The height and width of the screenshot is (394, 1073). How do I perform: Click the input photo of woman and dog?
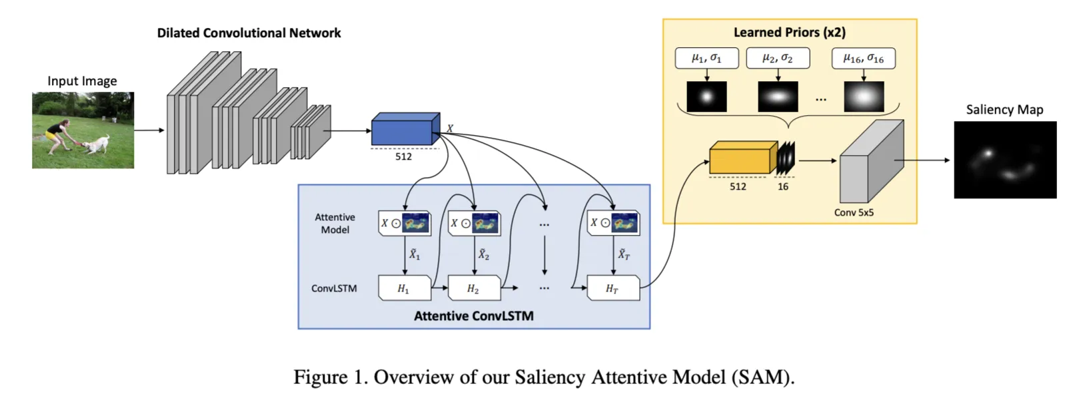tap(83, 130)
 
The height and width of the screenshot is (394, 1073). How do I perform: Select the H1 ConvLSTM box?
tap(404, 288)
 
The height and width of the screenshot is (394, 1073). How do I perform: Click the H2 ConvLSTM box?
tap(474, 288)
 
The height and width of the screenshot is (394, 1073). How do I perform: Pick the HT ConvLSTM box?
tap(612, 288)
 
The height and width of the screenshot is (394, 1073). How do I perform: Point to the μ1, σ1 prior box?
tap(706, 59)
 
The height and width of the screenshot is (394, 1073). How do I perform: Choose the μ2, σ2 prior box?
tap(778, 59)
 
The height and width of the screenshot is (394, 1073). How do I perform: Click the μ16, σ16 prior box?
tap(863, 59)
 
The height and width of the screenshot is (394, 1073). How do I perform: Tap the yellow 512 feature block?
tap(742, 159)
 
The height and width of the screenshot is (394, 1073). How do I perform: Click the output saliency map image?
tap(1005, 160)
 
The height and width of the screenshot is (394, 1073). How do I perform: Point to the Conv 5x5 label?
tap(854, 213)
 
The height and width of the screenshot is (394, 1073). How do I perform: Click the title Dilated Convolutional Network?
tap(249, 33)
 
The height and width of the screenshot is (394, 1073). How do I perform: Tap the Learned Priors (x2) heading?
tap(789, 33)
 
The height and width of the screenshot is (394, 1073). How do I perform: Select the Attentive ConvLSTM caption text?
tap(474, 316)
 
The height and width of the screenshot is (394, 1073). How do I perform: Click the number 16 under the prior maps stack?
tap(783, 187)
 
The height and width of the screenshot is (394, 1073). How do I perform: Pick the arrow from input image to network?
tap(149, 130)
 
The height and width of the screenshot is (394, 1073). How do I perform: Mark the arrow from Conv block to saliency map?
tap(923, 160)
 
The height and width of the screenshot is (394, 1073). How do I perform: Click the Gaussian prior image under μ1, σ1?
tap(706, 97)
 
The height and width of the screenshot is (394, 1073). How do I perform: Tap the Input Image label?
tap(82, 81)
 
